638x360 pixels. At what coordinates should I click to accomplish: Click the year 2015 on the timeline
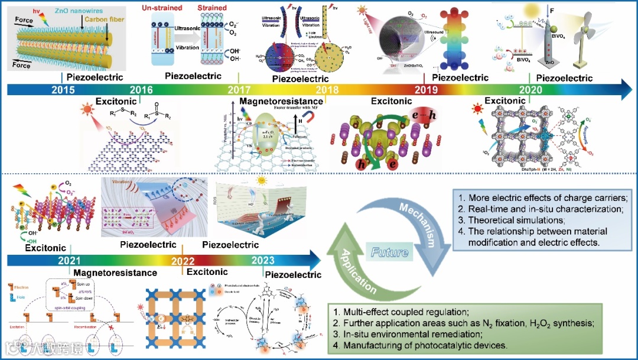[x=63, y=90]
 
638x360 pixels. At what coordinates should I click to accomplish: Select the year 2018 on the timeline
[x=327, y=90]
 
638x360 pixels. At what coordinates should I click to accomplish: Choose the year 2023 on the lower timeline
[x=263, y=261]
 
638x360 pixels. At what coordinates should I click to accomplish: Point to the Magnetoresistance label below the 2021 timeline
[x=115, y=273]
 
